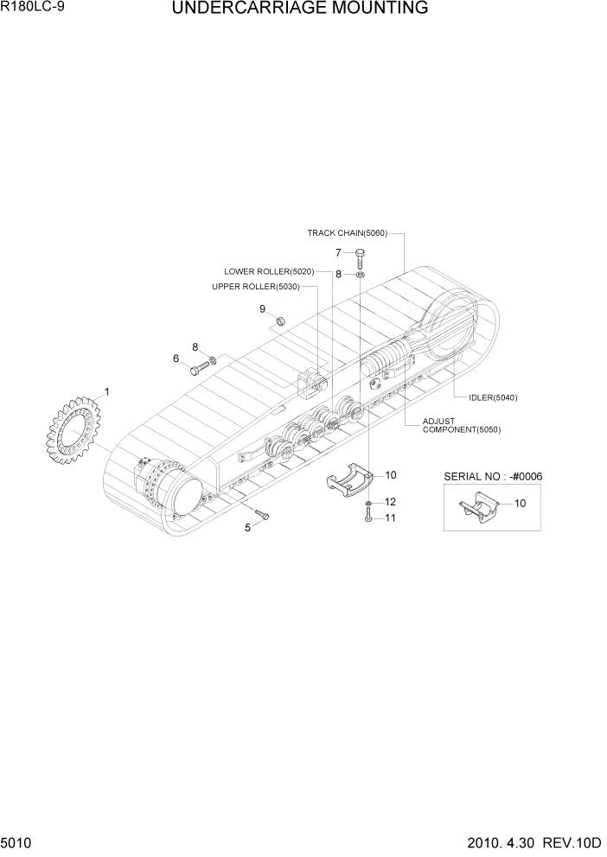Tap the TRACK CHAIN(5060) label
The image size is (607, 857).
[x=348, y=233]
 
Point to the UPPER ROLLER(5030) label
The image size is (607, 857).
[x=255, y=287]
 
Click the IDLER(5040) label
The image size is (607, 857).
[x=493, y=397]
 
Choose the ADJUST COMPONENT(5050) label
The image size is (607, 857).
[x=461, y=426]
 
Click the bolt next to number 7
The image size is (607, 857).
[x=360, y=256]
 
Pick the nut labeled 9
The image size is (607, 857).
[x=280, y=322]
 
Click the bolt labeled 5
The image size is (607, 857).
[x=264, y=516]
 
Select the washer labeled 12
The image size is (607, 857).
[x=368, y=502]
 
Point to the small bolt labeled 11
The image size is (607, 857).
[x=368, y=517]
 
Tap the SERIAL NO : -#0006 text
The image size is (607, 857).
[x=487, y=476]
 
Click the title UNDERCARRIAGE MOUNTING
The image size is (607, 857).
[x=300, y=10]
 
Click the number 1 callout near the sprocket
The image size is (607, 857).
[x=107, y=391]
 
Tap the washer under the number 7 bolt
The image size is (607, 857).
[x=360, y=275]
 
